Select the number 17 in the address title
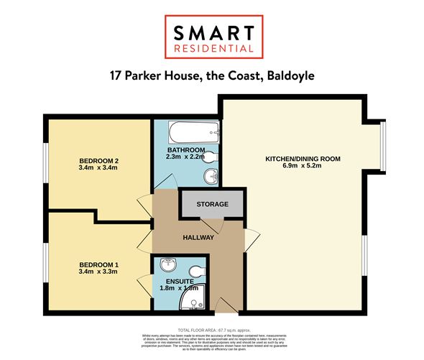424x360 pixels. click(x=116, y=75)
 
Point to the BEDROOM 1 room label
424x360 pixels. click(x=98, y=265)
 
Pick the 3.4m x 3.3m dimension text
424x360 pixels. click(x=98, y=273)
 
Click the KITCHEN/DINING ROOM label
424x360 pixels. click(x=303, y=158)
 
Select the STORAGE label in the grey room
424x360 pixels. click(x=213, y=205)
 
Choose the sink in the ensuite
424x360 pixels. click(x=166, y=264)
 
